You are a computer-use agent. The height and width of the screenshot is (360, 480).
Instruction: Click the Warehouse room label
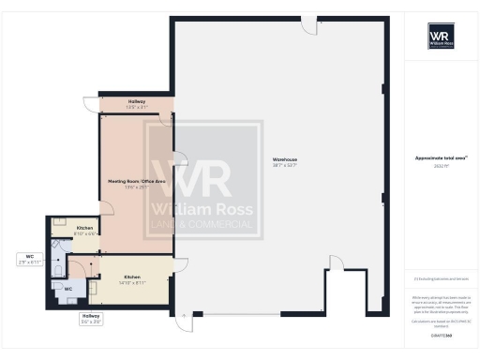click(x=285, y=161)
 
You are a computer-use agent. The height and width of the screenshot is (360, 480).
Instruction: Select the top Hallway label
click(x=136, y=101)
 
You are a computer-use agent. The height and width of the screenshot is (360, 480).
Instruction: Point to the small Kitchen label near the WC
click(x=84, y=228)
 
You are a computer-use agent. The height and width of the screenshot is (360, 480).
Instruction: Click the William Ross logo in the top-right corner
click(x=442, y=37)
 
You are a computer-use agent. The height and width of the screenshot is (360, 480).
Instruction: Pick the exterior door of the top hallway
click(x=91, y=103)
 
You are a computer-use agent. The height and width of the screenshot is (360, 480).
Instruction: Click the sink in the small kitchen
click(x=59, y=222)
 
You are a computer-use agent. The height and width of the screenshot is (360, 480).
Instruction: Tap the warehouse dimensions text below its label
click(x=285, y=168)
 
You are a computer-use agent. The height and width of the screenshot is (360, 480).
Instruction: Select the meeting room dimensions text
click(x=137, y=187)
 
